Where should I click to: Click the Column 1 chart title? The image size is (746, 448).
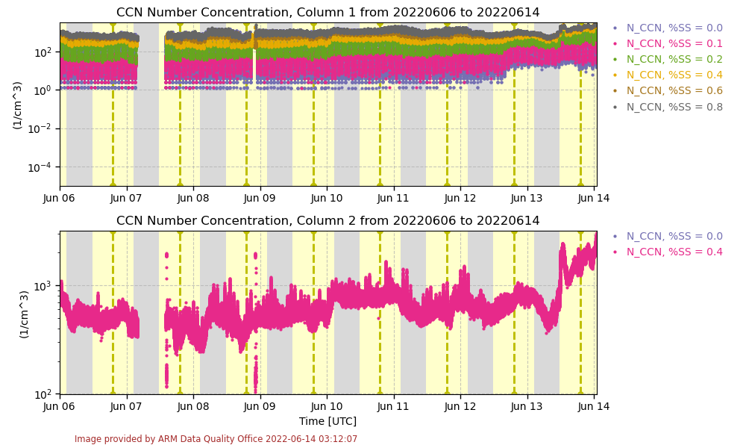pyautogui.click(x=327, y=13)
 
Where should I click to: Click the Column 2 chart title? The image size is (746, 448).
pyautogui.click(x=327, y=221)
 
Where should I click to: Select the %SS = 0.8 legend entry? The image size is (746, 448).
pyautogui.click(x=674, y=107)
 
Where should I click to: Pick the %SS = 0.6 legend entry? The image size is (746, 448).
pyautogui.click(x=674, y=91)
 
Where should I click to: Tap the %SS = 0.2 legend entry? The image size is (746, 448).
pyautogui.click(x=674, y=60)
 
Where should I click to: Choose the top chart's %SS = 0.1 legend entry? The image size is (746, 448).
pyautogui.click(x=674, y=44)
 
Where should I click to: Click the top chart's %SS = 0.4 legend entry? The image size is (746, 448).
pyautogui.click(x=674, y=75)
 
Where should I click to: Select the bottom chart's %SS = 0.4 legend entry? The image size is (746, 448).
pyautogui.click(x=674, y=252)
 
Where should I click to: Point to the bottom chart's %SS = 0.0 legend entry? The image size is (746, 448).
pyautogui.click(x=674, y=237)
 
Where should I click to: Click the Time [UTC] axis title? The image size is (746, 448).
pyautogui.click(x=327, y=421)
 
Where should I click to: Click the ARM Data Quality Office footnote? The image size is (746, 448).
pyautogui.click(x=216, y=439)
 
